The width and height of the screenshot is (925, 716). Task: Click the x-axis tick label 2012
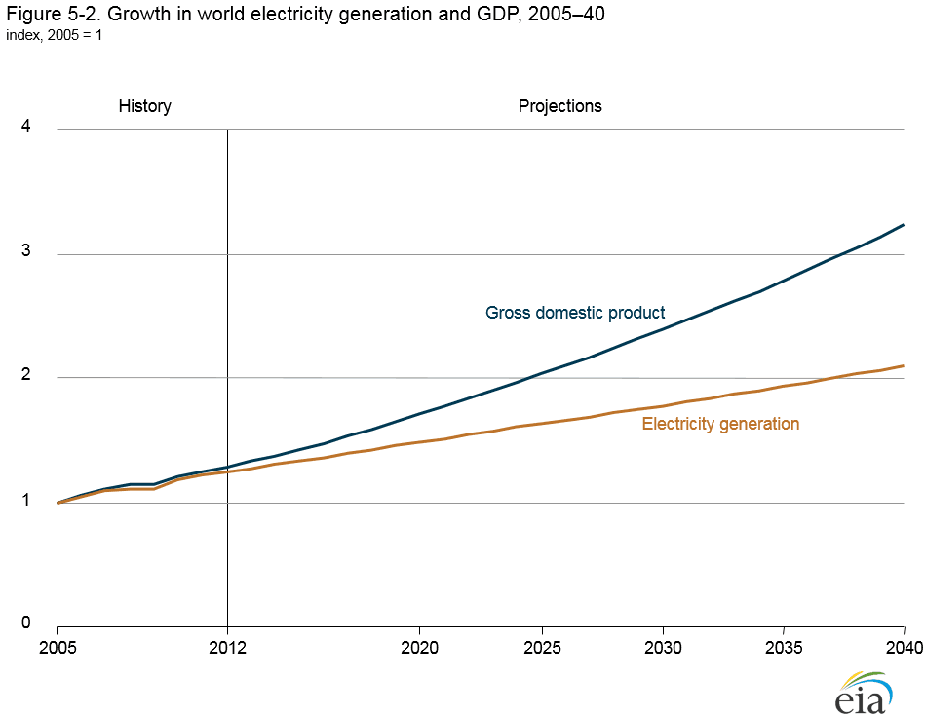(227, 646)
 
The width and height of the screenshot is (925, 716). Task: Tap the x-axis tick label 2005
(58, 646)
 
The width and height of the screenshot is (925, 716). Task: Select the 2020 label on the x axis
(419, 646)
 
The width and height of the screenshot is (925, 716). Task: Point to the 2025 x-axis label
(541, 646)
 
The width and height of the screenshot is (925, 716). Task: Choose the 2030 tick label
(663, 646)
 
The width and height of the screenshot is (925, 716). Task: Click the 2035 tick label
(785, 646)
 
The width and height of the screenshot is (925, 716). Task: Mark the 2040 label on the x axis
(905, 646)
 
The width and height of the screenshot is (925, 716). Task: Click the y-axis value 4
(27, 126)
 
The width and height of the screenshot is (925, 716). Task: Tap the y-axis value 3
(27, 251)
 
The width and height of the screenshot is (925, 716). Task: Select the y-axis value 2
(27, 376)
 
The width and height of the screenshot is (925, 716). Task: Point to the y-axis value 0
(27, 624)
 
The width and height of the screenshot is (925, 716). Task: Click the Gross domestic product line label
(575, 313)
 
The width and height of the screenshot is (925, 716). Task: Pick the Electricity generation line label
(720, 424)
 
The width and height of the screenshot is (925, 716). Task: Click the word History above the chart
(144, 106)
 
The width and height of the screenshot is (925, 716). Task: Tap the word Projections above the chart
(559, 106)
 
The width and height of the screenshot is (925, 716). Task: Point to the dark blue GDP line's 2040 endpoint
(905, 225)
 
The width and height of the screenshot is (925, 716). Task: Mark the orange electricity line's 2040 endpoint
(905, 366)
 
